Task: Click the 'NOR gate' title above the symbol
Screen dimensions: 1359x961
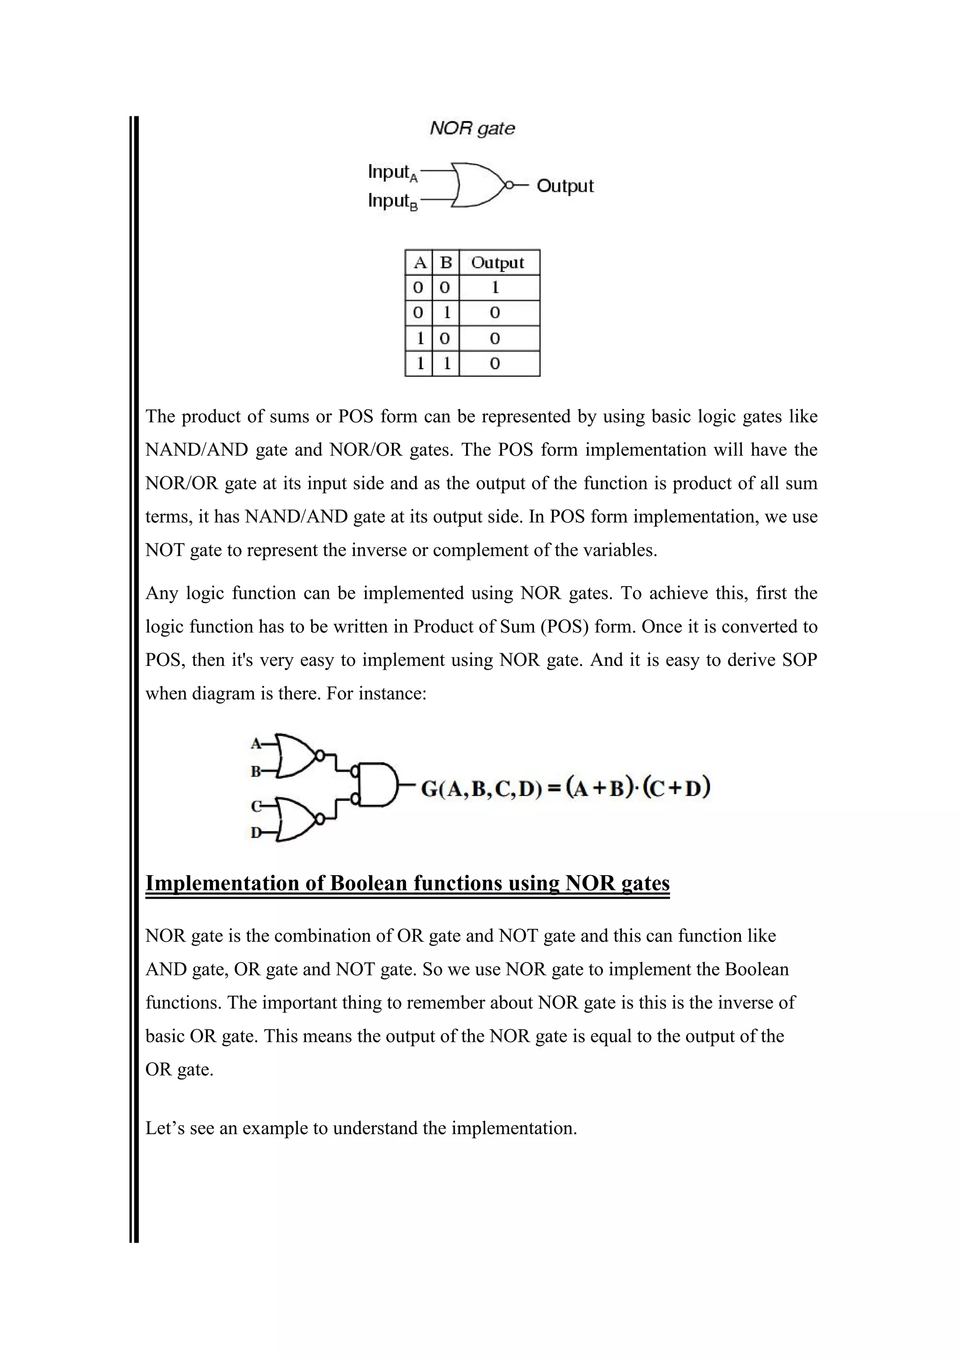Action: tap(472, 129)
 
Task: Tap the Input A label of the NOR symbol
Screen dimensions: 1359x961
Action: tap(392, 172)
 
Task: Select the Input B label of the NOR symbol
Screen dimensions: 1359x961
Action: tap(392, 201)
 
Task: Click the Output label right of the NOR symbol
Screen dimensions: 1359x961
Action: tap(564, 186)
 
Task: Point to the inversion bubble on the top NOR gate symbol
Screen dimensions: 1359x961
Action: tap(508, 185)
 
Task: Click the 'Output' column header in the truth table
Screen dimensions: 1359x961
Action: tap(498, 263)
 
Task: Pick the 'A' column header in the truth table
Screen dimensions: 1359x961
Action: tap(419, 263)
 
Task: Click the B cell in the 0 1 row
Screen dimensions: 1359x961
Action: tap(446, 313)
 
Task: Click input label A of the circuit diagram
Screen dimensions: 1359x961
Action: tap(256, 743)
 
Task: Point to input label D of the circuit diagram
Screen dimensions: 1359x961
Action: tap(256, 833)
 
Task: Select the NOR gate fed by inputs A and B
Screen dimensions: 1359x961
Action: tap(296, 756)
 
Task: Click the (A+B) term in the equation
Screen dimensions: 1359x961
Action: tap(601, 788)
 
